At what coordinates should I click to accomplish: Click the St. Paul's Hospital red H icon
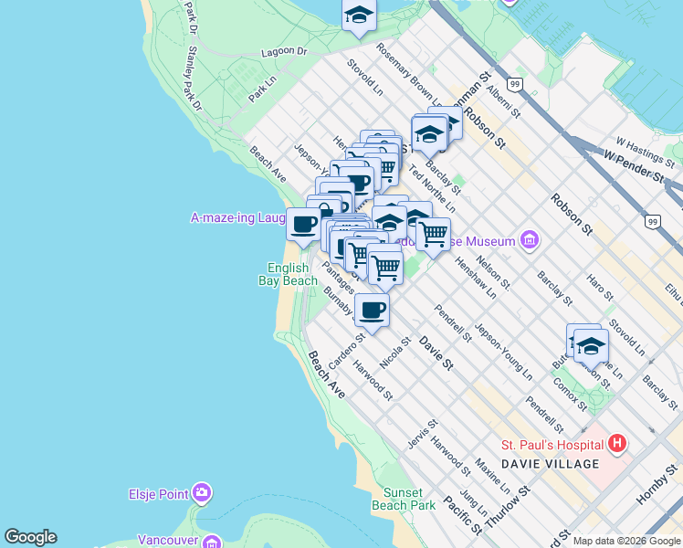pyautogui.click(x=617, y=445)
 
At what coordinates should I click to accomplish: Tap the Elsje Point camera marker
pyautogui.click(x=202, y=494)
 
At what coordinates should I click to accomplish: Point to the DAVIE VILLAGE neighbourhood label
pyautogui.click(x=550, y=464)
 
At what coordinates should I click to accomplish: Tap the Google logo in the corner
pyautogui.click(x=30, y=537)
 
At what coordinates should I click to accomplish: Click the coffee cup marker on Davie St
pyautogui.click(x=371, y=311)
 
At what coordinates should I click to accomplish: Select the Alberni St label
pyautogui.click(x=503, y=100)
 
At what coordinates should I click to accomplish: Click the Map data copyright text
pyautogui.click(x=626, y=541)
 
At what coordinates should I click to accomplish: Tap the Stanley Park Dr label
pyautogui.click(x=194, y=79)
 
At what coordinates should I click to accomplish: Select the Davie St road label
pyautogui.click(x=436, y=353)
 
